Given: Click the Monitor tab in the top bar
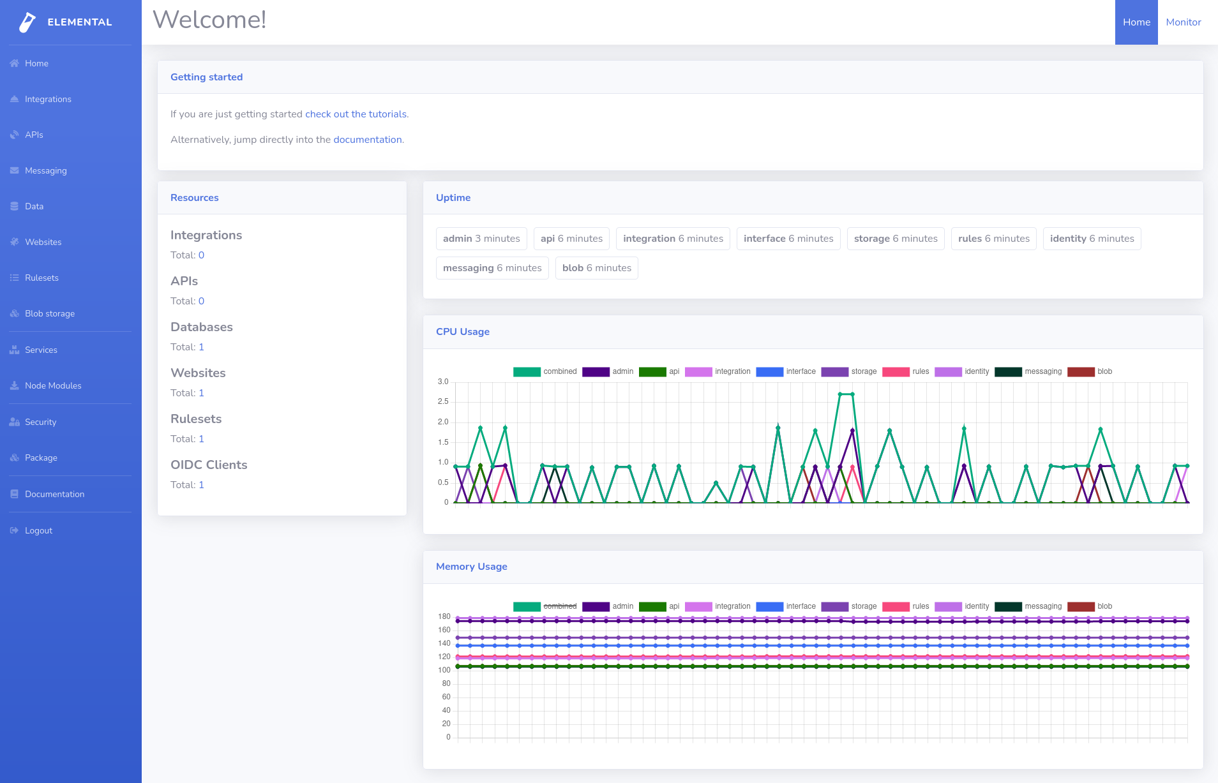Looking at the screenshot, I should point(1183,22).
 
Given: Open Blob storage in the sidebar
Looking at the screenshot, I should point(50,313).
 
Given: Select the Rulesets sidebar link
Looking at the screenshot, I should point(41,278).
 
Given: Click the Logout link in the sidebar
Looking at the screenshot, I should point(38,530).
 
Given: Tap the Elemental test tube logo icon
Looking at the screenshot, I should point(27,22).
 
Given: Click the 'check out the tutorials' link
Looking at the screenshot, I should point(356,114).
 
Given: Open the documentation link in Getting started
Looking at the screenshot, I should point(367,140).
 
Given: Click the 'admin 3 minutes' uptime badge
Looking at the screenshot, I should point(481,239).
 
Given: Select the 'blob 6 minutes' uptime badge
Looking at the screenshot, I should point(596,268).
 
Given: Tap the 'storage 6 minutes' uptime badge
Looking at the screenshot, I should point(895,239).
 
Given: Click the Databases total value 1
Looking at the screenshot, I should point(201,347).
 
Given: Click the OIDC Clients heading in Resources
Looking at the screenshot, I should point(209,465).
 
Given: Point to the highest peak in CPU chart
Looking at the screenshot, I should point(846,394).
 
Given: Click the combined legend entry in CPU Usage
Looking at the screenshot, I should point(545,371).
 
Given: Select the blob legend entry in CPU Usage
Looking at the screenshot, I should point(1090,371).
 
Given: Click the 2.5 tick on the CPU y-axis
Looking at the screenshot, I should point(443,401).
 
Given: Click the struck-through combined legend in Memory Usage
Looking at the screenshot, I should point(545,606).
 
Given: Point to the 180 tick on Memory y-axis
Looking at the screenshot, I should point(444,616).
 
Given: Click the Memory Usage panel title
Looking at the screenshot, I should point(471,567).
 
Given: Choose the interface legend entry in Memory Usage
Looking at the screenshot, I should point(786,606).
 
